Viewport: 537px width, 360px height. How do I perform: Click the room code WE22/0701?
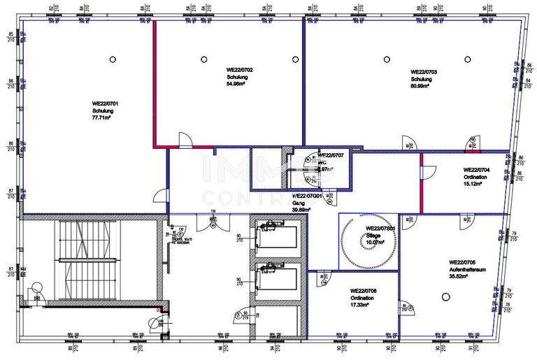pos(105,103)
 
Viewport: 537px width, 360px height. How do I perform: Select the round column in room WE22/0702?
pos(203,59)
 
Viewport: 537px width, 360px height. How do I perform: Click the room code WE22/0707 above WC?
pos(331,154)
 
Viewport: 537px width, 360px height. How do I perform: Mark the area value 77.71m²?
pos(103,119)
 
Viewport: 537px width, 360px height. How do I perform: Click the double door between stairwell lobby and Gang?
pos(210,222)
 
